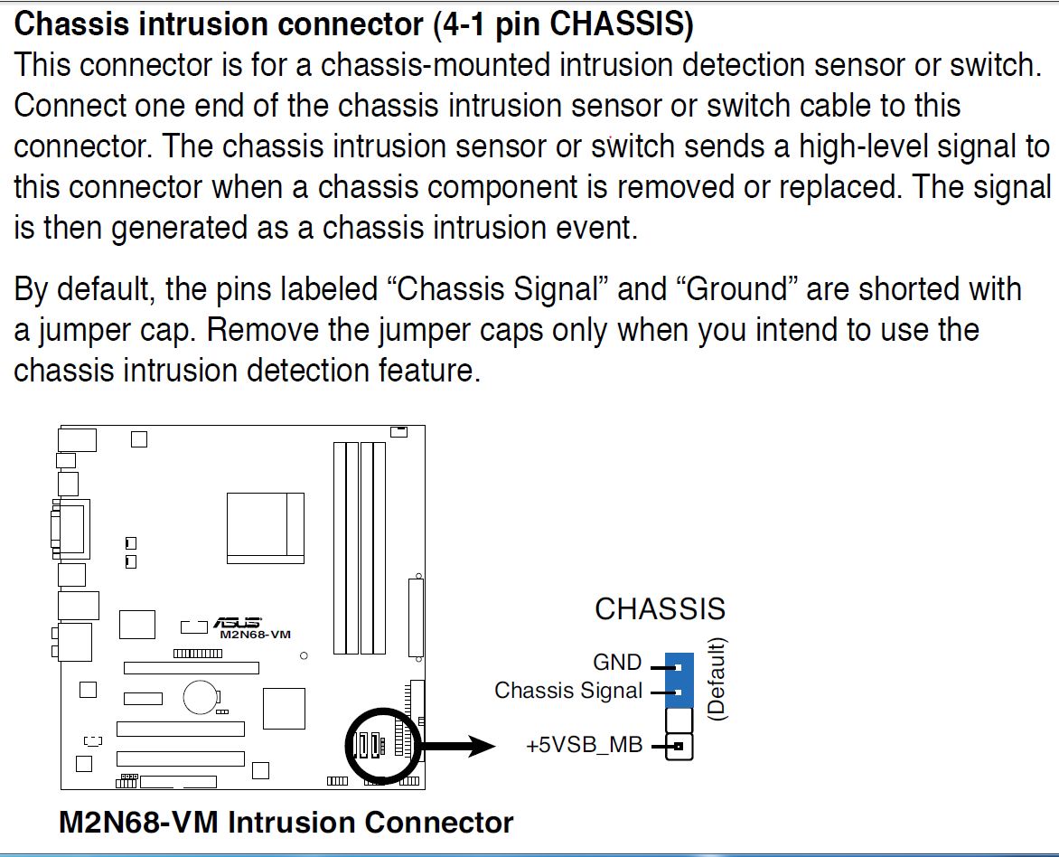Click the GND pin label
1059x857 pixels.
click(x=617, y=664)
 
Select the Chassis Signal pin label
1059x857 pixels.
click(x=568, y=692)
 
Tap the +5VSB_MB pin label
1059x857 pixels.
click(x=585, y=747)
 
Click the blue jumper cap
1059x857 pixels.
click(x=679, y=680)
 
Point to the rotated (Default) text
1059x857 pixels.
click(x=717, y=679)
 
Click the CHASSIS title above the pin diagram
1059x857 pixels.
click(x=660, y=609)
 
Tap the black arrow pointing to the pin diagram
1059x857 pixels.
click(x=461, y=747)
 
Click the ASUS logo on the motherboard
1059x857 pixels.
click(x=237, y=624)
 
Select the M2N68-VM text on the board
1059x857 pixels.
click(x=256, y=636)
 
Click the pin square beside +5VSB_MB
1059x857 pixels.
click(x=679, y=747)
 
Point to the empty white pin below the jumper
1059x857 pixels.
click(x=679, y=720)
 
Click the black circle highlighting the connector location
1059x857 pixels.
click(x=382, y=746)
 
